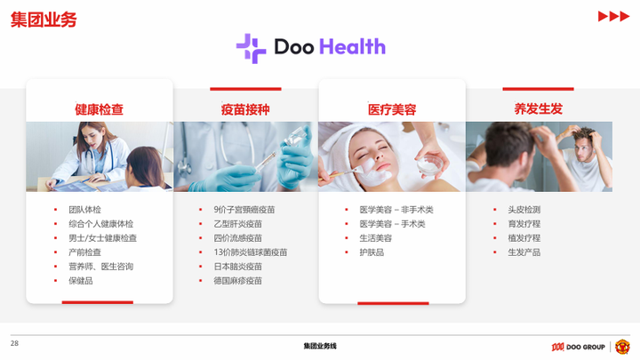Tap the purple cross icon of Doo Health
click(251, 48)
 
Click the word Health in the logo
click(351, 47)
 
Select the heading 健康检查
click(99, 109)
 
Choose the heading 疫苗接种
click(245, 109)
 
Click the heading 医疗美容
click(392, 109)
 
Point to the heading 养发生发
click(538, 108)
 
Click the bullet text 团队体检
click(84, 210)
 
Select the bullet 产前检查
click(84, 252)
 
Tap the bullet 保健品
click(80, 281)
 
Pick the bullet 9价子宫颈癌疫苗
click(244, 210)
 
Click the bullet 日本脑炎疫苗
click(237, 267)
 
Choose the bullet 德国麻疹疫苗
click(237, 281)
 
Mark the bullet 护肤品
click(372, 252)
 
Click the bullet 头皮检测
click(524, 210)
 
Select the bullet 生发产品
click(524, 252)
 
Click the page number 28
click(14, 343)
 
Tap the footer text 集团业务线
click(320, 346)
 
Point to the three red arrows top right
click(613, 17)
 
